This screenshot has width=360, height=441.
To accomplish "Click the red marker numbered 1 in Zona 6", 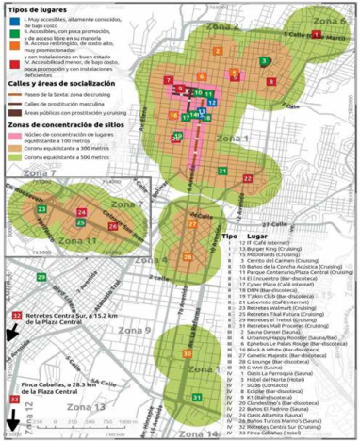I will click(316, 34).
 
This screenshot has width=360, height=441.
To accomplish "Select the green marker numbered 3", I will click(265, 61).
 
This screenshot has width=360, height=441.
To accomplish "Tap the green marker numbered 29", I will click(41, 277).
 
